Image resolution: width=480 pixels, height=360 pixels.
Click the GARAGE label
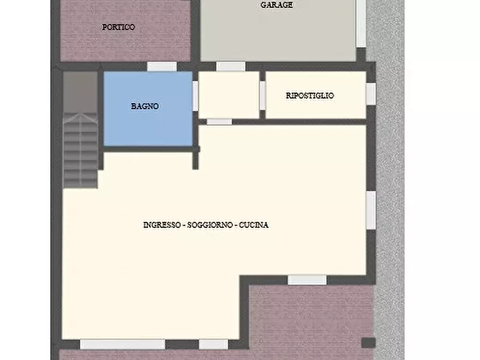pyautogui.click(x=276, y=5)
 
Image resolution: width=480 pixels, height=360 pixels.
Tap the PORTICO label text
pyautogui.click(x=118, y=27)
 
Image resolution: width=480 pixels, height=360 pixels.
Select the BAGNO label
pyautogui.click(x=145, y=106)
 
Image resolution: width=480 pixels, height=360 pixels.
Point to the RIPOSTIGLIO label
pyautogui.click(x=310, y=96)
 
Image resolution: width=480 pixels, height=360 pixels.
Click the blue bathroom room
pyautogui.click(x=147, y=124)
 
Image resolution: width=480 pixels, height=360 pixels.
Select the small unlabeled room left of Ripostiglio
pyautogui.click(x=230, y=95)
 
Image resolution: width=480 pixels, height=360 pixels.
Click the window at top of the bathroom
pyautogui.click(x=162, y=67)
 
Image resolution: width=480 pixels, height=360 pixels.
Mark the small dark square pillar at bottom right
pyautogui.click(x=368, y=342)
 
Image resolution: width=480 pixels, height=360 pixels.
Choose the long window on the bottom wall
pyautogui.click(x=123, y=344)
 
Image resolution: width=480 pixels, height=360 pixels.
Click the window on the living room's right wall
pyautogui.click(x=370, y=210)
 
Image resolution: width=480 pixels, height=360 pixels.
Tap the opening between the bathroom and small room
pyautogui.click(x=195, y=96)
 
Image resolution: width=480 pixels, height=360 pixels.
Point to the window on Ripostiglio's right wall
pyautogui.click(x=370, y=93)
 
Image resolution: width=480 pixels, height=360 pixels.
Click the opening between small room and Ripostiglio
pyautogui.click(x=262, y=95)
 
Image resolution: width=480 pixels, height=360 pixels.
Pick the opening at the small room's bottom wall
pyautogui.click(x=219, y=122)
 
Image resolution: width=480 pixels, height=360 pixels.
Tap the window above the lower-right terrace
pyautogui.click(x=307, y=280)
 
